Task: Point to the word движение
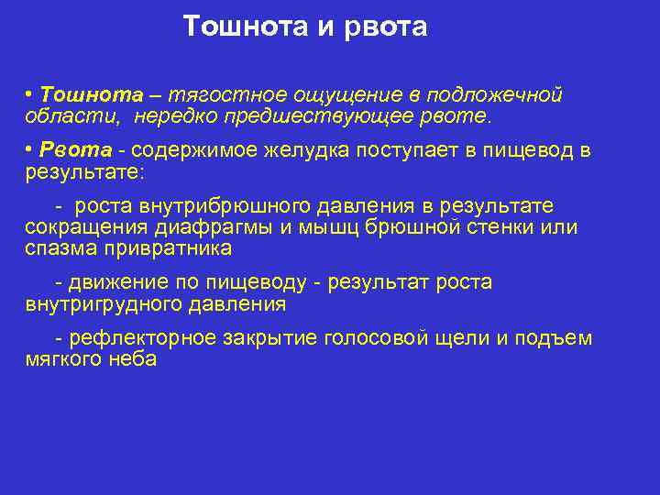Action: tap(117, 282)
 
